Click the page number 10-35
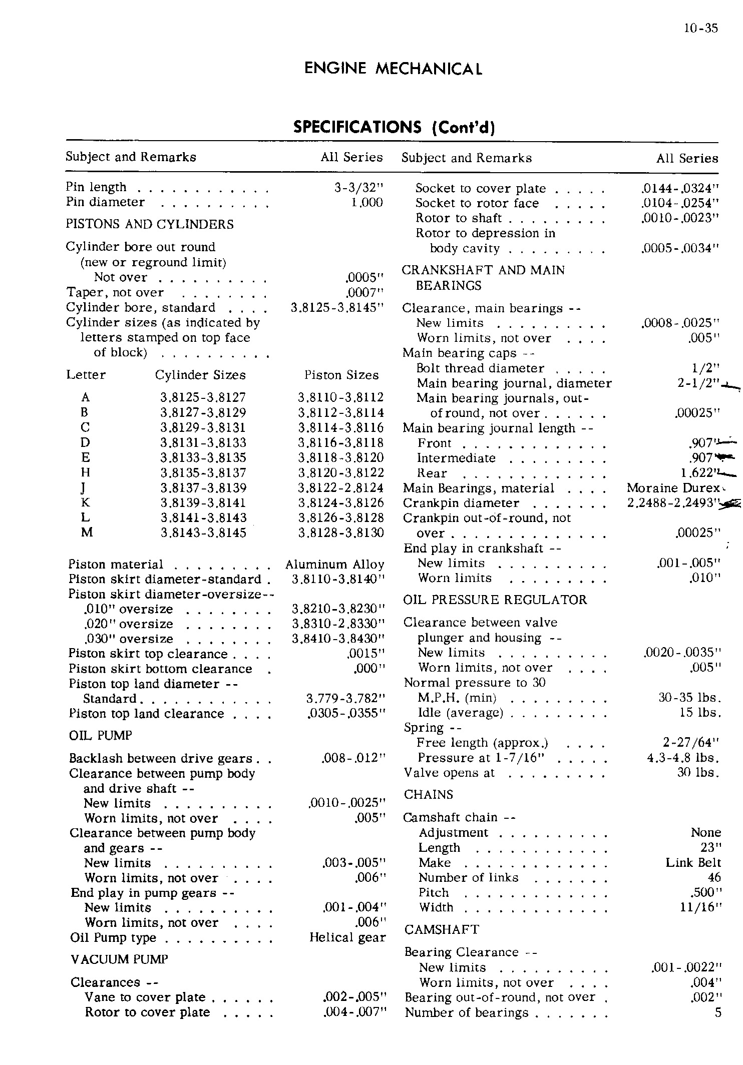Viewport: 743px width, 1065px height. [x=700, y=29]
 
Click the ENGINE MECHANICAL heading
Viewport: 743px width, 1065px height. [x=394, y=69]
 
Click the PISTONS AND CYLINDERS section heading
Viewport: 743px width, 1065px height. [x=150, y=224]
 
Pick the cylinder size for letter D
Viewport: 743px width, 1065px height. [x=203, y=443]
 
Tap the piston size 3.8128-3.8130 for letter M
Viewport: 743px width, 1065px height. [x=341, y=533]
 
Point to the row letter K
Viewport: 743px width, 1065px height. [x=86, y=503]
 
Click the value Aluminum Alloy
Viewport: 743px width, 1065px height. [x=334, y=565]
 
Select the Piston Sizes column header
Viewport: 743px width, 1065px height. [x=341, y=375]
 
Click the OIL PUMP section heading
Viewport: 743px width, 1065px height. [x=101, y=736]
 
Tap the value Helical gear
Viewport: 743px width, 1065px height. [x=347, y=938]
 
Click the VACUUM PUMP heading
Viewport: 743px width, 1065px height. [x=119, y=959]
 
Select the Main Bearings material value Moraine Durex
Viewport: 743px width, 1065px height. [x=673, y=488]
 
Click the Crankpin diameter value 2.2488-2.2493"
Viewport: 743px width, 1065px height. [x=673, y=503]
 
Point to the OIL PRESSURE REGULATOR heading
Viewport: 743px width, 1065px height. [x=495, y=600]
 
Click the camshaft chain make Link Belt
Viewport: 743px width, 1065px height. [x=693, y=863]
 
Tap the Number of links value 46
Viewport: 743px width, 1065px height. [x=714, y=878]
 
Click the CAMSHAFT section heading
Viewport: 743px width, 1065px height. [x=442, y=930]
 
